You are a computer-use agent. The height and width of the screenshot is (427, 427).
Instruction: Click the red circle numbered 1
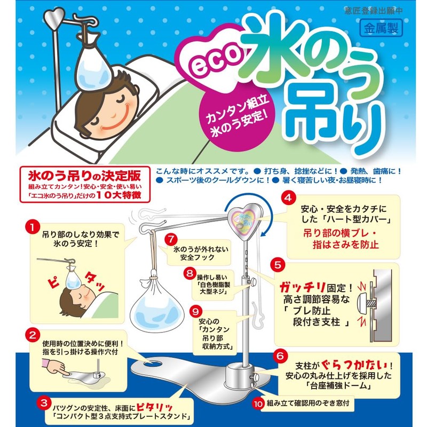click(x=33, y=228)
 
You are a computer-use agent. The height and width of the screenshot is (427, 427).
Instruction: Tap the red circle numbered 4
click(x=288, y=198)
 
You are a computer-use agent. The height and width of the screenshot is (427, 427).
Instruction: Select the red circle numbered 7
click(x=171, y=240)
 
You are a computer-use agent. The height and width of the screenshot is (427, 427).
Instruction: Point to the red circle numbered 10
click(x=258, y=404)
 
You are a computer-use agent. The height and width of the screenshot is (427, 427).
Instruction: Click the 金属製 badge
click(x=381, y=28)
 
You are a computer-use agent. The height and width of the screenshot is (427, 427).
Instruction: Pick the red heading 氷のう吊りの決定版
click(x=84, y=176)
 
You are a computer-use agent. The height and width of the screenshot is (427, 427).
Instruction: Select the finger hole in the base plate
click(x=153, y=363)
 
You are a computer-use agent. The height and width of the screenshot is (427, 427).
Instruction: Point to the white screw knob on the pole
click(x=252, y=281)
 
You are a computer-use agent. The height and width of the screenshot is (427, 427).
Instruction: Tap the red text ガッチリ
click(x=302, y=287)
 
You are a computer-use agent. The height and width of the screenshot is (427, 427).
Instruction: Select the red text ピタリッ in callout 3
click(x=154, y=407)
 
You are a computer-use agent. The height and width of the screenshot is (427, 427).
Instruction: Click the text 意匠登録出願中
click(x=373, y=11)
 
